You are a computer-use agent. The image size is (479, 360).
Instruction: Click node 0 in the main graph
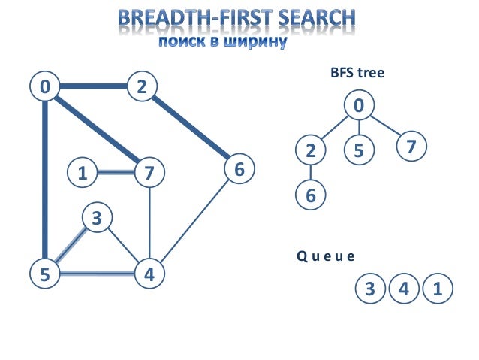46,87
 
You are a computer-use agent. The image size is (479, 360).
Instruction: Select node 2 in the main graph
140,87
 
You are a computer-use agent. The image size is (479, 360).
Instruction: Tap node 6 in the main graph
239,170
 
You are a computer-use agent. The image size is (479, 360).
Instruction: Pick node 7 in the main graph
149,174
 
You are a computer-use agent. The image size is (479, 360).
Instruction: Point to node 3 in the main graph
96,219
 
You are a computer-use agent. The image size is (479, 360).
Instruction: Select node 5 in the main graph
46,274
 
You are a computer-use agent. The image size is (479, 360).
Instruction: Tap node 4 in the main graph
149,274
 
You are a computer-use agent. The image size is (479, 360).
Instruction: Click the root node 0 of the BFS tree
360,105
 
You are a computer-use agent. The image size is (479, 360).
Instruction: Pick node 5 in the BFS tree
359,150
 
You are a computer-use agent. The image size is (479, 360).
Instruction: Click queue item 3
369,289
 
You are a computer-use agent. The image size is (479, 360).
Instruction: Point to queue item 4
404,289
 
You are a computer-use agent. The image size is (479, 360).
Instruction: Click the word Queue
325,256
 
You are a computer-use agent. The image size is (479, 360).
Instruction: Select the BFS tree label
357,74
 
